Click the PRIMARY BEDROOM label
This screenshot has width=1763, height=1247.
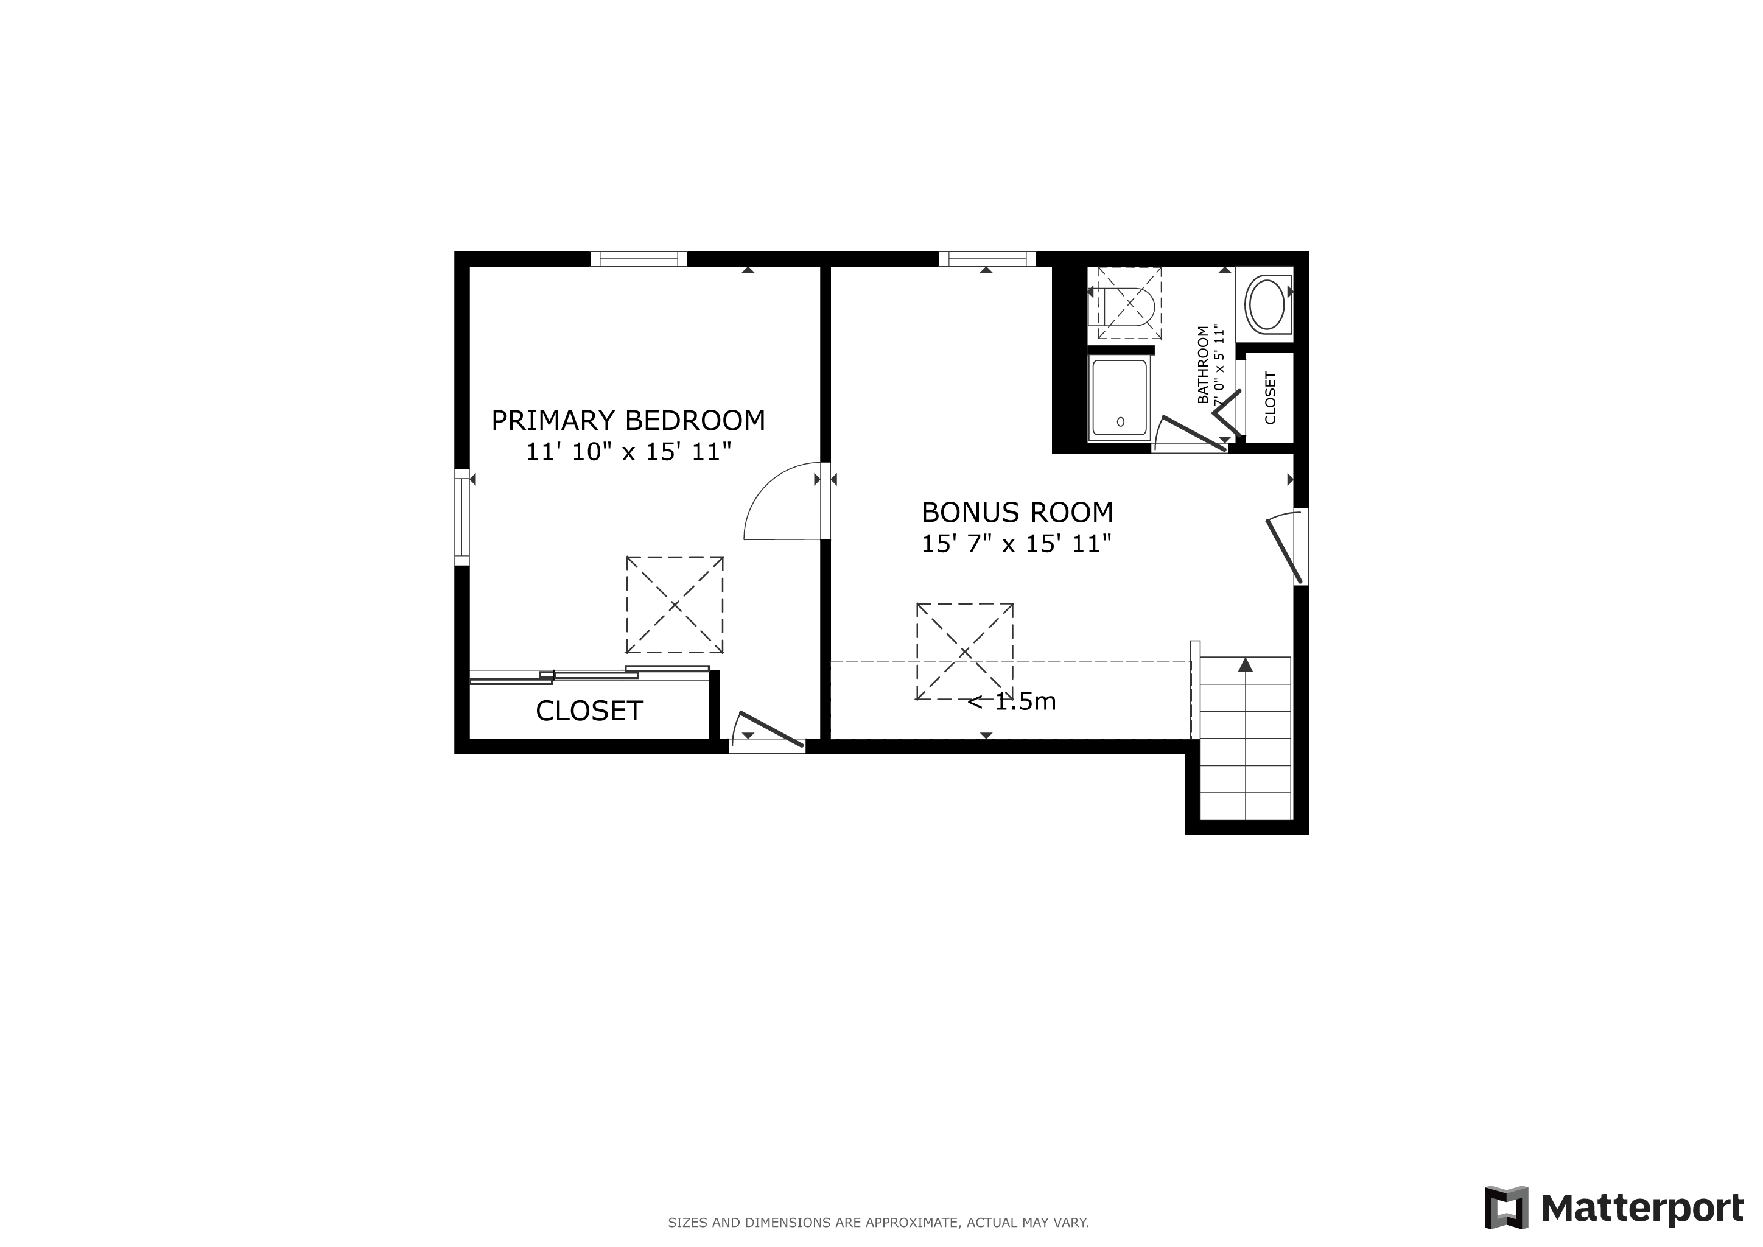click(x=628, y=421)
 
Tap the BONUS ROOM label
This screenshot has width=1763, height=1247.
click(x=1017, y=512)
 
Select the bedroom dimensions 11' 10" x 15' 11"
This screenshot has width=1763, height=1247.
click(x=628, y=452)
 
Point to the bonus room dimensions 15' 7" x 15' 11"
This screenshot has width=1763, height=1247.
click(x=1017, y=544)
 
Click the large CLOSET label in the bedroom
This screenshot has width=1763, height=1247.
click(x=589, y=711)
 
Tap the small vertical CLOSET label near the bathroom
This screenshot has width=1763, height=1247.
click(x=1270, y=398)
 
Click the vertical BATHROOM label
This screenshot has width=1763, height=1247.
click(x=1203, y=365)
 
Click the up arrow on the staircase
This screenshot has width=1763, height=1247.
click(x=1246, y=665)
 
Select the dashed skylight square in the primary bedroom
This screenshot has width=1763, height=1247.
click(x=675, y=605)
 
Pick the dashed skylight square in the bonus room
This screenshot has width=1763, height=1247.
click(x=964, y=652)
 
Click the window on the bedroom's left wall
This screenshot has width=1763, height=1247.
click(x=461, y=517)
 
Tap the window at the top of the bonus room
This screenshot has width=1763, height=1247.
click(x=987, y=259)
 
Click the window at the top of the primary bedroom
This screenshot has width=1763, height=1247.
click(x=638, y=259)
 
